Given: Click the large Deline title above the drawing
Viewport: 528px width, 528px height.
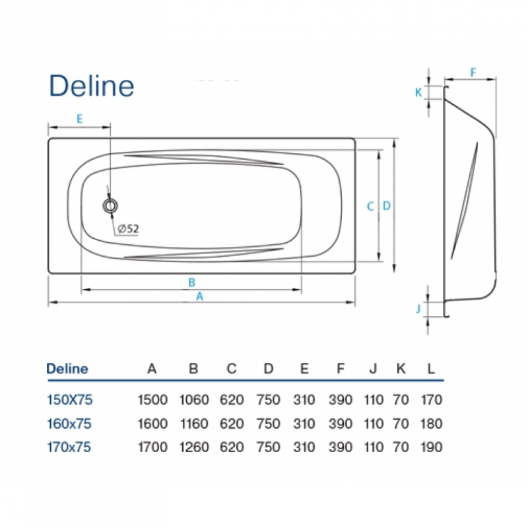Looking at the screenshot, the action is pyautogui.click(x=92, y=86).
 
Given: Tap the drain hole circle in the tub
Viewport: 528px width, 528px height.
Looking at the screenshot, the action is pyautogui.click(x=110, y=205).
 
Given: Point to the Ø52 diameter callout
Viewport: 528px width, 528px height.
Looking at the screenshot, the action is pyautogui.click(x=128, y=229).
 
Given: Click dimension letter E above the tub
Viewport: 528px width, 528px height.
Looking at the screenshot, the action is pyautogui.click(x=79, y=119).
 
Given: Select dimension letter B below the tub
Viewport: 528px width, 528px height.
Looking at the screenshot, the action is pyautogui.click(x=191, y=282).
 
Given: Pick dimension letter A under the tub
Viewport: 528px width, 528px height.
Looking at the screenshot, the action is pyautogui.click(x=200, y=296).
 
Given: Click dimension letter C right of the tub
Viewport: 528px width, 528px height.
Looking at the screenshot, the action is pyautogui.click(x=370, y=206).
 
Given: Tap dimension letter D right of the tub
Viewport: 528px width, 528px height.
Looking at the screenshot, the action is pyautogui.click(x=387, y=205).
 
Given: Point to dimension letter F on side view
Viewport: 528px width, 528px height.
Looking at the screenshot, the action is pyautogui.click(x=473, y=73).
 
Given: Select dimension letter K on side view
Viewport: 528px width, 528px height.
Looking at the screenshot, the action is pyautogui.click(x=418, y=92).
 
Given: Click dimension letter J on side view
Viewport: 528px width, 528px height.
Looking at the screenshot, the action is pyautogui.click(x=418, y=308).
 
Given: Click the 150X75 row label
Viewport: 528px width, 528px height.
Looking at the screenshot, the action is pyautogui.click(x=70, y=400).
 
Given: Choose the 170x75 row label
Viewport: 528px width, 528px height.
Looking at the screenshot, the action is pyautogui.click(x=69, y=447).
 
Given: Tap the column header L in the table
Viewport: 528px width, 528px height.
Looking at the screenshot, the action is pyautogui.click(x=431, y=369).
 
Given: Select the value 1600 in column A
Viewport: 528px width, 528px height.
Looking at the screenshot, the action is pyautogui.click(x=152, y=424).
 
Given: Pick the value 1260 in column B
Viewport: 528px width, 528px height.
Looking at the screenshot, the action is pyautogui.click(x=194, y=447).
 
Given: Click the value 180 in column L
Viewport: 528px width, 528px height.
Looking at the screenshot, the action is pyautogui.click(x=432, y=424).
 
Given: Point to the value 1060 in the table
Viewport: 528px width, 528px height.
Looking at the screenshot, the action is pyautogui.click(x=194, y=400).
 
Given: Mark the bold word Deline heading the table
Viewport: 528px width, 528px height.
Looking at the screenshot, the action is pyautogui.click(x=67, y=369).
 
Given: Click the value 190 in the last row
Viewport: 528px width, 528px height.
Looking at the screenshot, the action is pyautogui.click(x=432, y=447).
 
